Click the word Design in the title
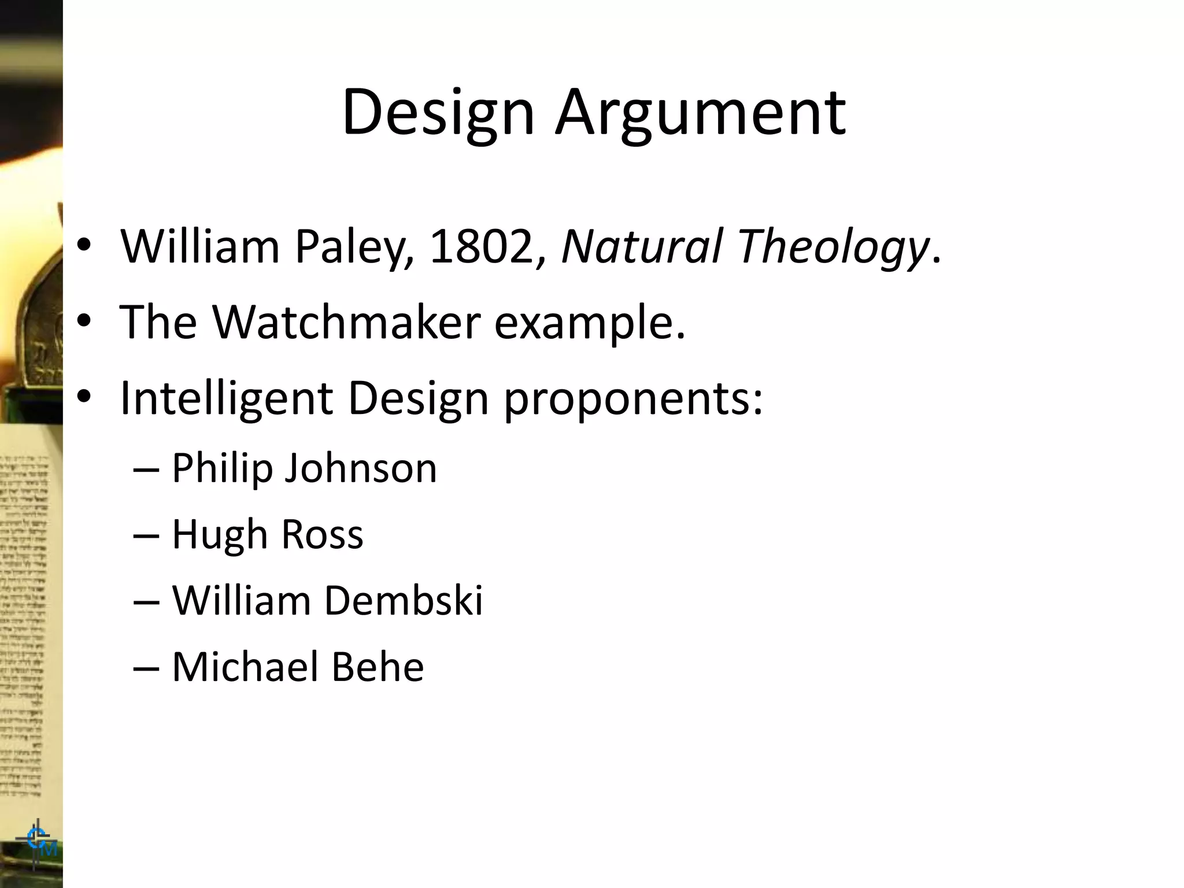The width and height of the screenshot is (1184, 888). (438, 113)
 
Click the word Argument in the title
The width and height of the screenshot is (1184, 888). (701, 113)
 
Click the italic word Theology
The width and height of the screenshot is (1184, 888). (833, 247)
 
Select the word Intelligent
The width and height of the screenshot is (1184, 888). (226, 398)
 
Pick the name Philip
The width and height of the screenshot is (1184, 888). (222, 468)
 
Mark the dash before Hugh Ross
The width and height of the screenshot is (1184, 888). (146, 535)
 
